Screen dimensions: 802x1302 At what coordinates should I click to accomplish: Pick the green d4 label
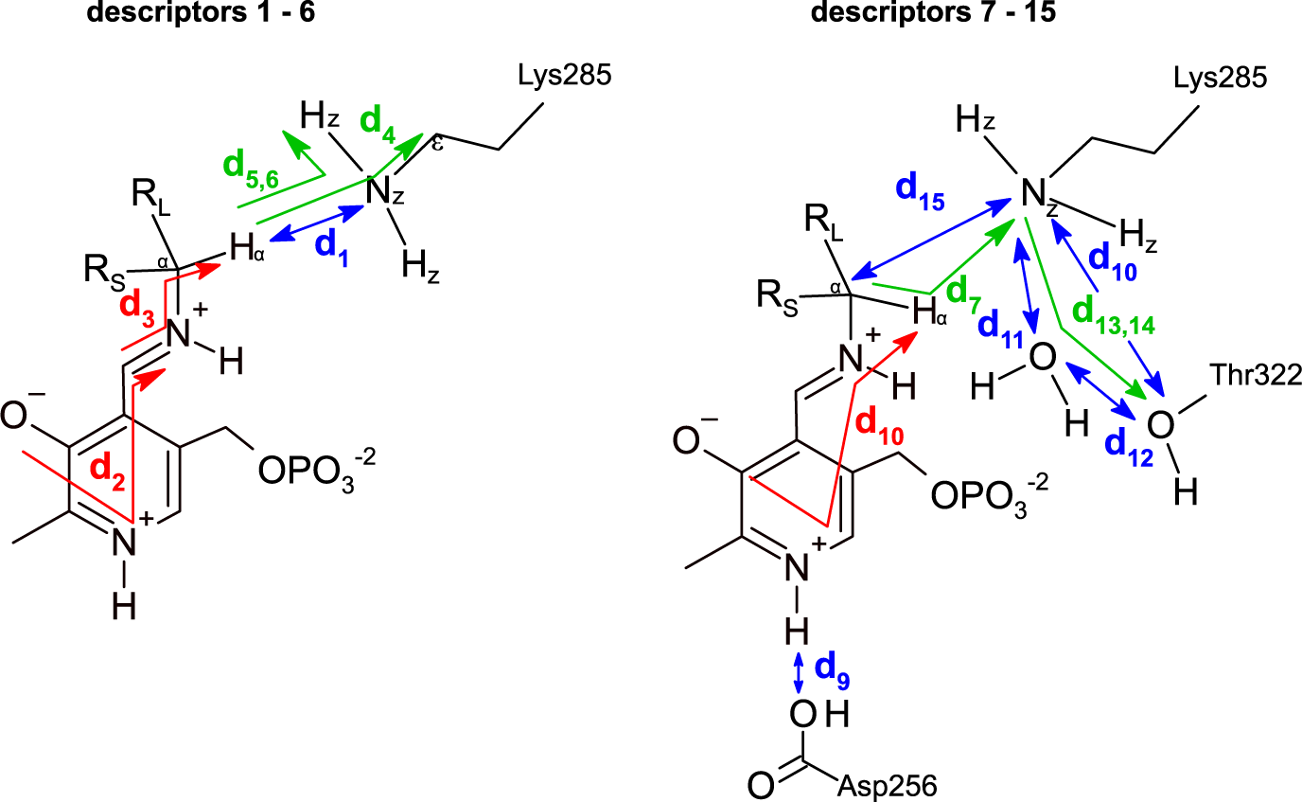point(380,124)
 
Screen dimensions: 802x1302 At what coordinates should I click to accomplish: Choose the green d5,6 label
point(253,168)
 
